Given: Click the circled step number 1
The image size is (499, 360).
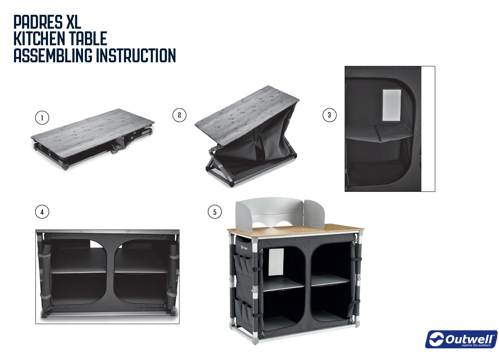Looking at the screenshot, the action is point(42,118).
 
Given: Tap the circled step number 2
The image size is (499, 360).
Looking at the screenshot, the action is point(179,115).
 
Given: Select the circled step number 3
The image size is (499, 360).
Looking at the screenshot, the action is point(329,115).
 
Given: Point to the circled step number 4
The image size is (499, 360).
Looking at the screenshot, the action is point(42,212).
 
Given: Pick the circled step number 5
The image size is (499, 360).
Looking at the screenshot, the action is point(215,212).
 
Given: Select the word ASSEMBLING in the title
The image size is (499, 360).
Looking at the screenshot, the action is point(53,55).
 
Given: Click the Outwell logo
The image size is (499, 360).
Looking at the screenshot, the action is point(461,339).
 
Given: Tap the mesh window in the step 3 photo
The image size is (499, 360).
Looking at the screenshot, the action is point(391,105).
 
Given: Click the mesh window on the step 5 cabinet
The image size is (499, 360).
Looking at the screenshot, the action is point(276,262).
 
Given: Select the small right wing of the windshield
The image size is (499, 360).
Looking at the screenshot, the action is point(314,214).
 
